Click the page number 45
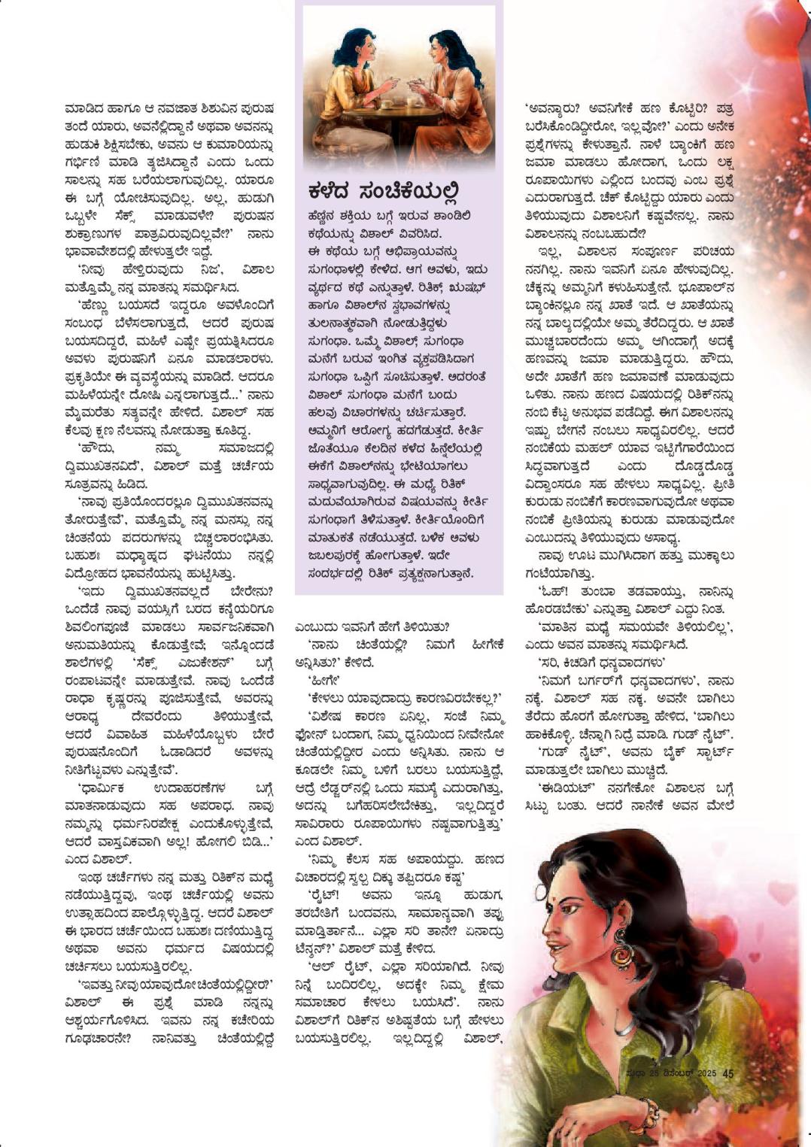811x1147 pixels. (727, 1074)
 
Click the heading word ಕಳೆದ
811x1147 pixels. (332, 190)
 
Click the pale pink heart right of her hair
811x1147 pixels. (782, 895)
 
